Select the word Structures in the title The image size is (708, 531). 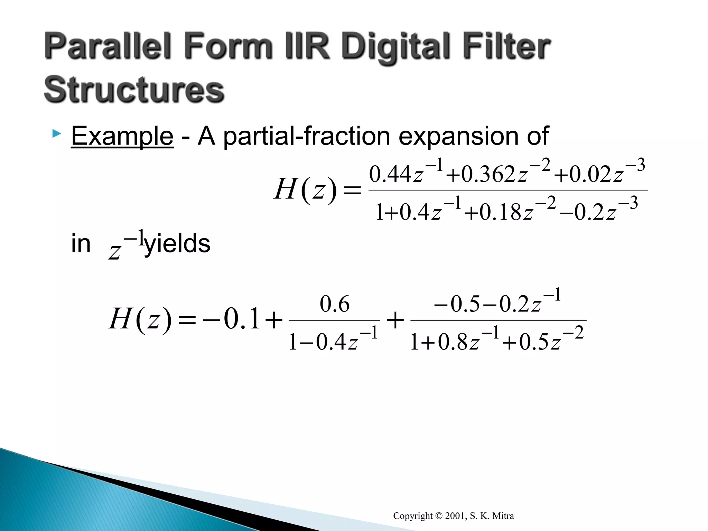point(134,90)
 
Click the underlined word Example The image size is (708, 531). point(122,136)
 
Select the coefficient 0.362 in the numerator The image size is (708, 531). point(488,175)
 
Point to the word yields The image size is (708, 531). point(177,244)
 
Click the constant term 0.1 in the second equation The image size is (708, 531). point(242,319)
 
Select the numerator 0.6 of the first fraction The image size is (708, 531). point(334,304)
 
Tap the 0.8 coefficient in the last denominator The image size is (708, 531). point(453,343)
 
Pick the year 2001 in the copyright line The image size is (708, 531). point(455,516)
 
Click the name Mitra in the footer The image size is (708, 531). point(503,516)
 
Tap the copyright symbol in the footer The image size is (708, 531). point(439,516)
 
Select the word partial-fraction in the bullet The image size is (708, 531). point(306,137)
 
